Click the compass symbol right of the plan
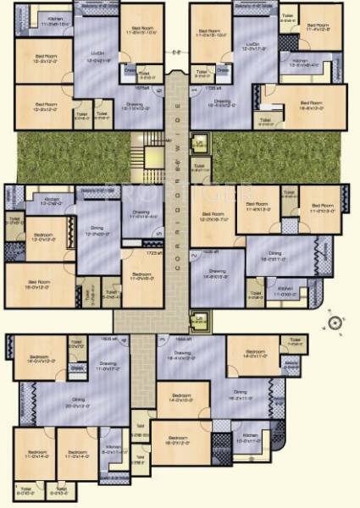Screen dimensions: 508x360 coord(335,322)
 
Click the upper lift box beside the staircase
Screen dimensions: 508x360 coord(199,145)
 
